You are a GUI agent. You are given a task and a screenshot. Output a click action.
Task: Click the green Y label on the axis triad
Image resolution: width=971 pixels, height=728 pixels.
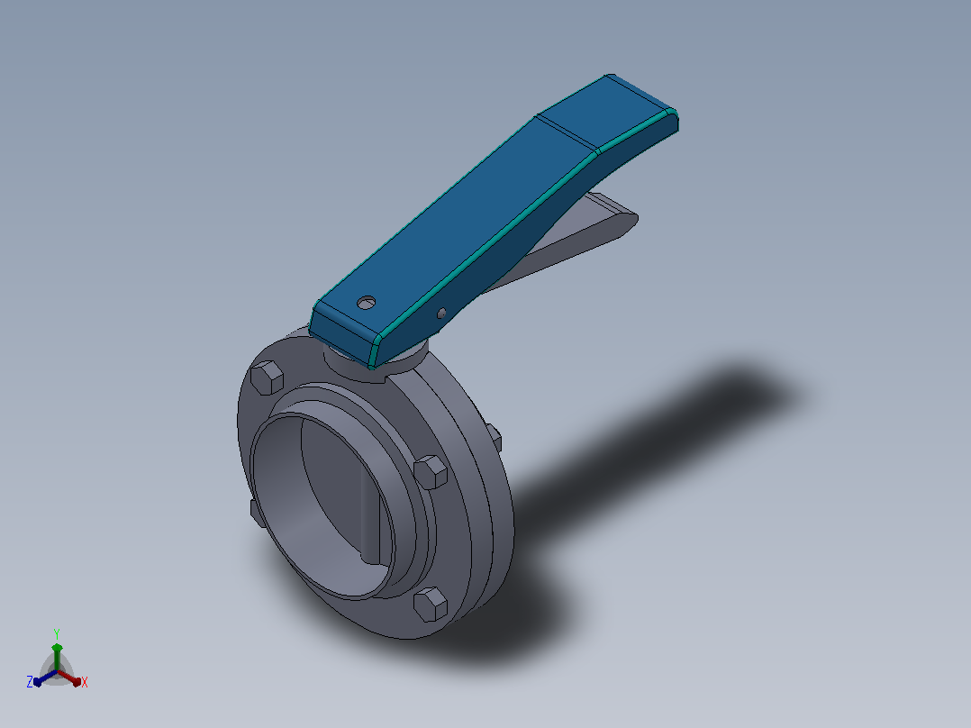57,633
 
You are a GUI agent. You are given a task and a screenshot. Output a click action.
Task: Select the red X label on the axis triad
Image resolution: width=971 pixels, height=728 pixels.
85,682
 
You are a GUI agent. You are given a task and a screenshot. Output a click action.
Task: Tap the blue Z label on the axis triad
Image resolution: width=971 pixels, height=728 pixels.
30,682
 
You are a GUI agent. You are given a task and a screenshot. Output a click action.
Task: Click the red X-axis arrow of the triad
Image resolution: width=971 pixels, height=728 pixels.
69,678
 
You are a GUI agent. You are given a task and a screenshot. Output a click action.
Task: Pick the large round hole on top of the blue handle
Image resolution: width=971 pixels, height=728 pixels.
367,303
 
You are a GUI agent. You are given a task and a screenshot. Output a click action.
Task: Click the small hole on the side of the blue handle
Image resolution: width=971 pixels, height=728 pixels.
441,314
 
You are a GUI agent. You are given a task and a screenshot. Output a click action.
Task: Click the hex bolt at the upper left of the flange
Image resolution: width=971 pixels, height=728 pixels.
267,378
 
